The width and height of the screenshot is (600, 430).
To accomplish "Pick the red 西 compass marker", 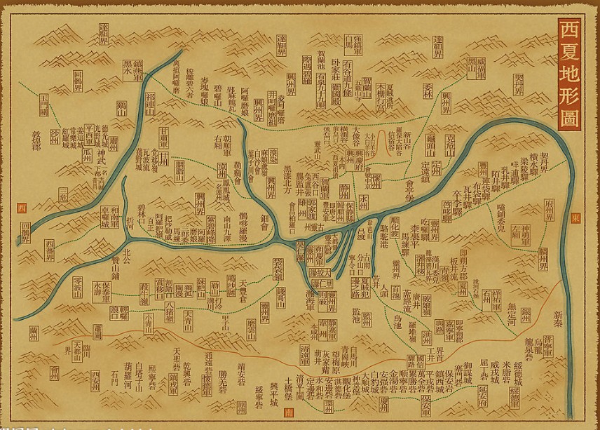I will [20, 208].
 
